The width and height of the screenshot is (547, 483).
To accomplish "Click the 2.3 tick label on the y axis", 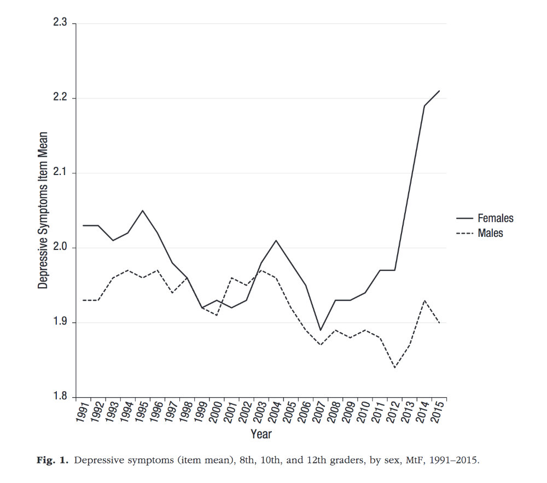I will click(59, 24).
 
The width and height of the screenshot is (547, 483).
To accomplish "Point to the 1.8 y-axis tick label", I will click(59, 397).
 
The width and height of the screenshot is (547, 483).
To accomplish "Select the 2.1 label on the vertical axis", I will click(59, 173).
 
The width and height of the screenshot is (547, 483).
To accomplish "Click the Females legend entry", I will click(495, 218).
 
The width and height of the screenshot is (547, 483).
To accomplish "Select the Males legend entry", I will click(490, 233).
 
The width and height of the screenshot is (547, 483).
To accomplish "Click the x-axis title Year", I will click(261, 434).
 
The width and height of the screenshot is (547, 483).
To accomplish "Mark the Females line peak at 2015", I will click(440, 91).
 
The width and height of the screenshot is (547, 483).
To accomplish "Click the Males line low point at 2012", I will click(395, 367).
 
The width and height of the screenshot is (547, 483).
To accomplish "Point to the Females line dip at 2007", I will click(321, 330).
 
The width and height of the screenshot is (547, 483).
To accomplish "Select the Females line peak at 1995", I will click(142, 211).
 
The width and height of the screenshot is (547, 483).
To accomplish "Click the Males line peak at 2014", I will click(425, 300).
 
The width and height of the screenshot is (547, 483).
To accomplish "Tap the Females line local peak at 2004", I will click(276, 240).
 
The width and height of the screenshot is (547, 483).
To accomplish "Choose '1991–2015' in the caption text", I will click(455, 460).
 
